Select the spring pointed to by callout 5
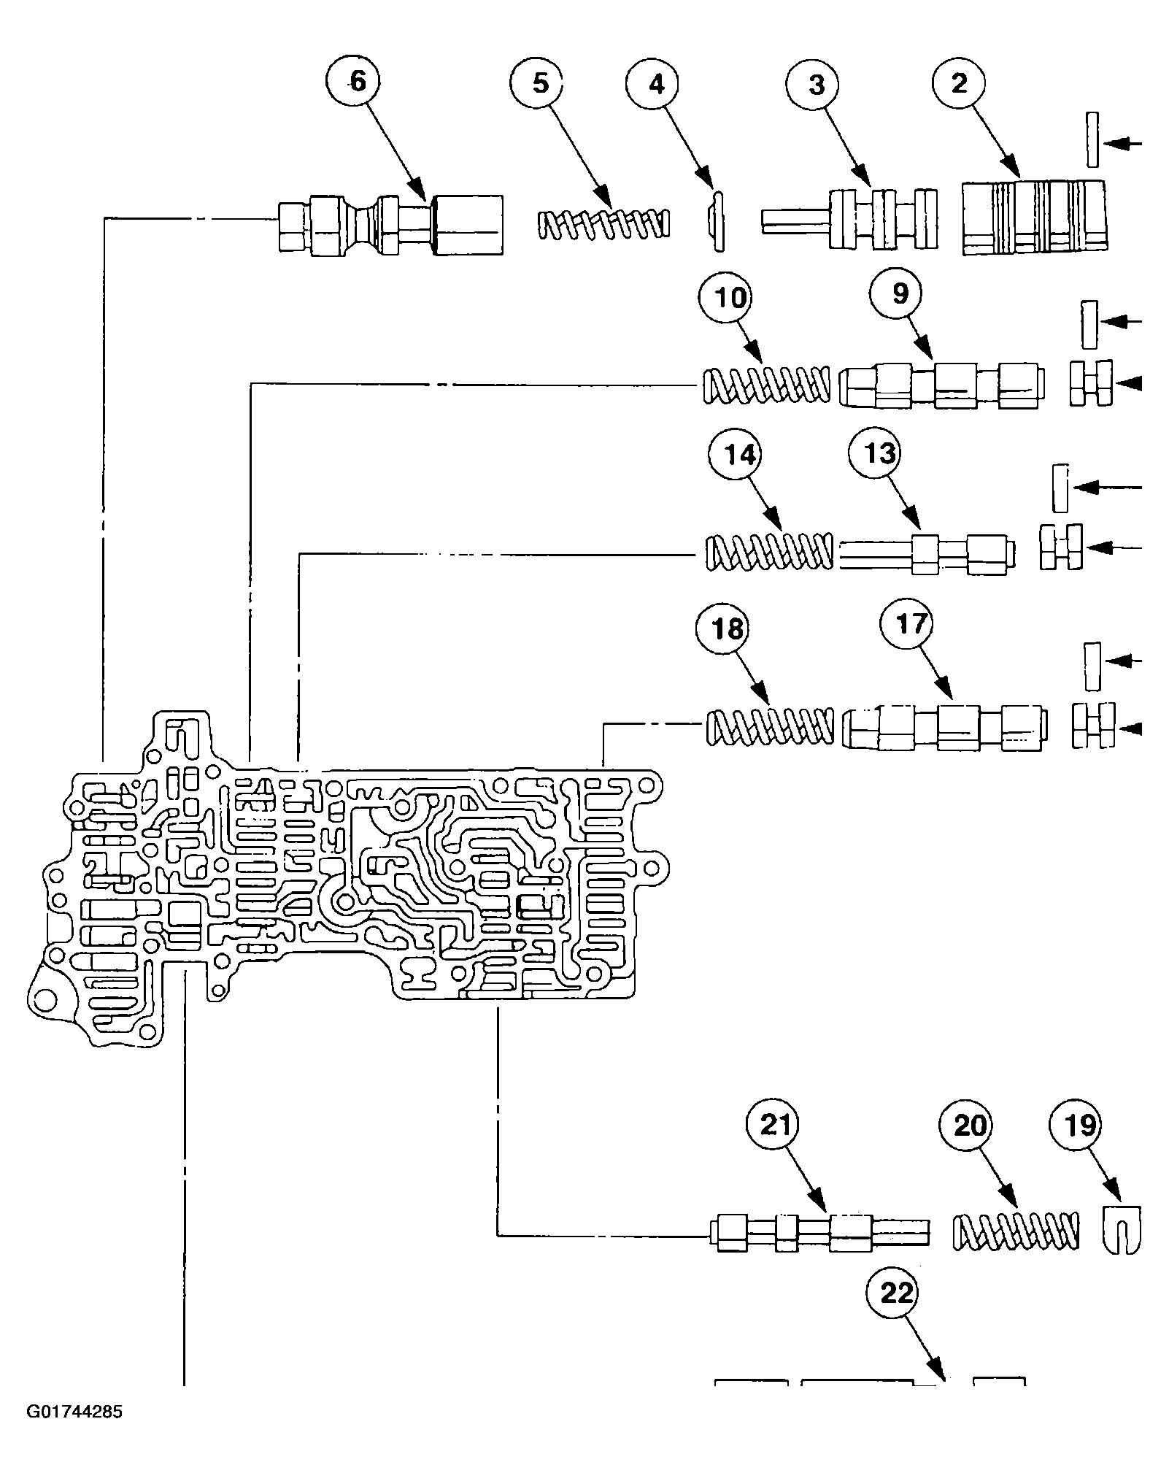coord(603,224)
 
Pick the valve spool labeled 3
coord(850,220)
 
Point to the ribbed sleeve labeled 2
coord(1035,218)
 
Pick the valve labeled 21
coord(819,1234)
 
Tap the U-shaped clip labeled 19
coord(1120,1229)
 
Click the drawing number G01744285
coord(74,1432)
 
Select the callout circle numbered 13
coord(879,454)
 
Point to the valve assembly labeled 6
coord(390,224)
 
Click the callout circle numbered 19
coord(1081,1126)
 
